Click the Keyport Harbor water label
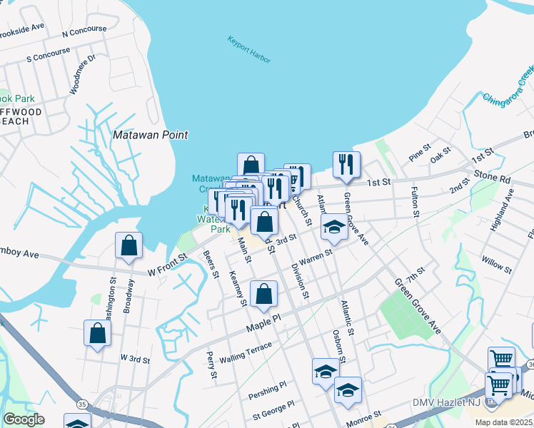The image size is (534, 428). (x=249, y=50)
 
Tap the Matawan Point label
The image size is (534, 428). (x=151, y=134)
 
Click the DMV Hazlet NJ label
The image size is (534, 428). (x=447, y=404)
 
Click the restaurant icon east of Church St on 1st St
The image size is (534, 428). (x=346, y=165)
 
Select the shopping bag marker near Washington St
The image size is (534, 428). (x=98, y=333)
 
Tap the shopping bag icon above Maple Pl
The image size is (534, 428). (x=263, y=294)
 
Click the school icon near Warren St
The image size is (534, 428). (x=333, y=226)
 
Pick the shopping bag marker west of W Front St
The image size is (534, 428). (x=129, y=245)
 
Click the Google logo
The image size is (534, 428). (x=24, y=419)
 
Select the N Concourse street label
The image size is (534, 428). (x=84, y=33)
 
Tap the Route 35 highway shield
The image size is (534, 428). (x=83, y=404)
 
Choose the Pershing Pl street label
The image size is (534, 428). (x=267, y=389)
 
